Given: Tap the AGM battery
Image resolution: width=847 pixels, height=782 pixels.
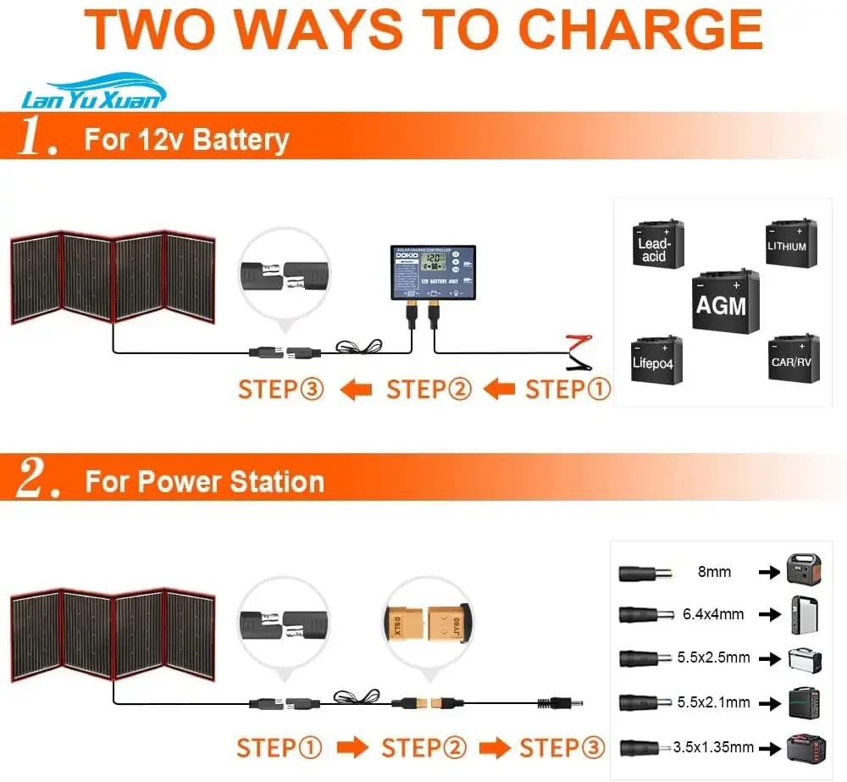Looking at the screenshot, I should click(x=721, y=302).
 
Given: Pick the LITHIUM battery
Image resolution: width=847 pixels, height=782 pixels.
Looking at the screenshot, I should click(x=790, y=243).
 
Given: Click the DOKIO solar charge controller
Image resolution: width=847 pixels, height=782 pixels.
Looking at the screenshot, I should click(x=432, y=270).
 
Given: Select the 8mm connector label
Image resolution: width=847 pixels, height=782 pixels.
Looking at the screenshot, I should click(x=713, y=572).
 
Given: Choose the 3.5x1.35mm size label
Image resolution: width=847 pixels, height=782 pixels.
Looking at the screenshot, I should click(x=714, y=747).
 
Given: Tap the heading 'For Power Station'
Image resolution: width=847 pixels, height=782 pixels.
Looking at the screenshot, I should click(x=205, y=482).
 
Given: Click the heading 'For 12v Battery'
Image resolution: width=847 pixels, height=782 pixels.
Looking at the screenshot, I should click(x=186, y=140).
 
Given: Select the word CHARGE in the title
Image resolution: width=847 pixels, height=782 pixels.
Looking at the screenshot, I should click(x=640, y=30).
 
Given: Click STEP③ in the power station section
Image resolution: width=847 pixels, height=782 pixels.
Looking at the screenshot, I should click(x=562, y=748).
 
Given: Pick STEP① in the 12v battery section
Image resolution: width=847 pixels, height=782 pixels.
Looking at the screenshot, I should click(x=568, y=390).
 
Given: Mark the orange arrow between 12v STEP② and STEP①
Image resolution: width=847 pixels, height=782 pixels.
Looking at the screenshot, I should click(x=500, y=390).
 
